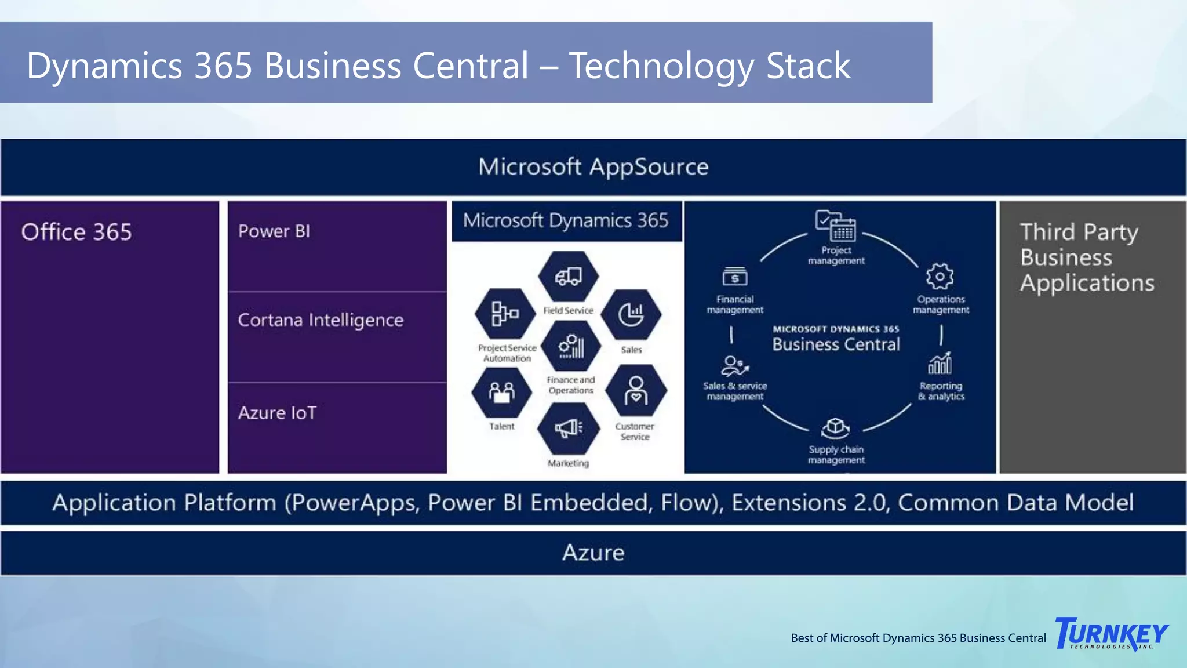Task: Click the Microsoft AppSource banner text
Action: coord(593,167)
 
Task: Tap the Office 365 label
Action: coord(77,232)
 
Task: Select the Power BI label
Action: coord(274,231)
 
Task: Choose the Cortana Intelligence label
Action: coord(321,320)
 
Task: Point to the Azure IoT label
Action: coord(277,413)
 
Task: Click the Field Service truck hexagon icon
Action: coord(569,277)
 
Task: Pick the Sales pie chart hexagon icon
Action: coord(631,315)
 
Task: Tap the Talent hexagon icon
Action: coord(502,393)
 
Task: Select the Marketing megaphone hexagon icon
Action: coord(569,429)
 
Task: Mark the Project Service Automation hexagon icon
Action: coord(505,314)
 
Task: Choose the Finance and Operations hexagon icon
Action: coord(571,346)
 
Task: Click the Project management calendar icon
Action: coord(836,226)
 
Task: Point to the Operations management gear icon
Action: coord(940,277)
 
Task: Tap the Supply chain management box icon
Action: coord(835,429)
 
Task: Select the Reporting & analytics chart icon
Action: coord(940,364)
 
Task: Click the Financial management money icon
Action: coord(735,277)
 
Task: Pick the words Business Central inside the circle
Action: coord(836,344)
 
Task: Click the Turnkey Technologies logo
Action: coord(1112,634)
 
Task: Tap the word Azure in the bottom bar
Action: coord(593,553)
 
